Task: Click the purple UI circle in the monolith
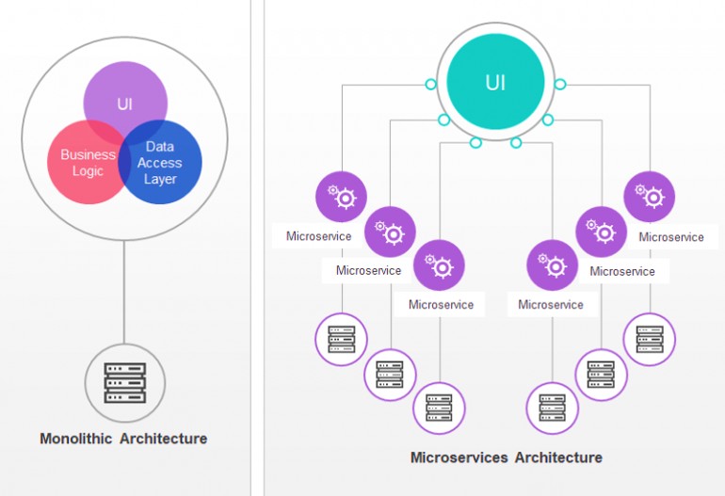[x=125, y=99]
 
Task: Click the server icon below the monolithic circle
[x=124, y=382]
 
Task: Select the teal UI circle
[x=495, y=83]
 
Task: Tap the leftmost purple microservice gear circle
[x=341, y=197]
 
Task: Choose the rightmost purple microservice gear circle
[x=650, y=197]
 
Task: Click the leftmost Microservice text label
[x=318, y=236]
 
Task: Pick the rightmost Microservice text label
[x=671, y=237]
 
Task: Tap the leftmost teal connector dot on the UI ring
[x=430, y=85]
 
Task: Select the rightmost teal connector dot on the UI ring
[x=560, y=85]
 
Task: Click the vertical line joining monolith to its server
[x=124, y=292]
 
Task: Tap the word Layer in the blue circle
[x=160, y=179]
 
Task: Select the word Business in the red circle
[x=88, y=154]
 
